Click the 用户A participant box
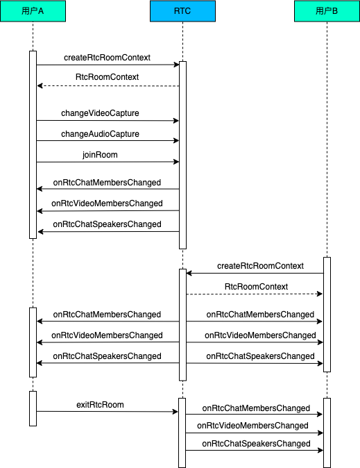click(33, 11)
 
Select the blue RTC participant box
click(182, 11)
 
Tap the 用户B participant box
click(327, 11)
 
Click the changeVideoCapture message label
click(100, 113)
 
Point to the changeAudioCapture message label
click(100, 134)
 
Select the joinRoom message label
click(100, 155)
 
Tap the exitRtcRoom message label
click(100, 405)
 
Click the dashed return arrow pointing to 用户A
click(108, 86)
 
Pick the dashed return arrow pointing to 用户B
click(255, 294)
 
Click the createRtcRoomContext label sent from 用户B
click(260, 266)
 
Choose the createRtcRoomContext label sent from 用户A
click(107, 58)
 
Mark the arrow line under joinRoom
click(108, 162)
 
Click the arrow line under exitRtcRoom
click(108, 412)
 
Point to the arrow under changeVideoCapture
click(108, 121)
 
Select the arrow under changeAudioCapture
click(108, 140)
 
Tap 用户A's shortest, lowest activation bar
click(33, 408)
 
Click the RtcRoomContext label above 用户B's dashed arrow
click(256, 287)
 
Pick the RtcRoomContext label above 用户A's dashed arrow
click(107, 77)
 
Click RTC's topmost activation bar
click(182, 156)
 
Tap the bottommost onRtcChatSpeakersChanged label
click(256, 444)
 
